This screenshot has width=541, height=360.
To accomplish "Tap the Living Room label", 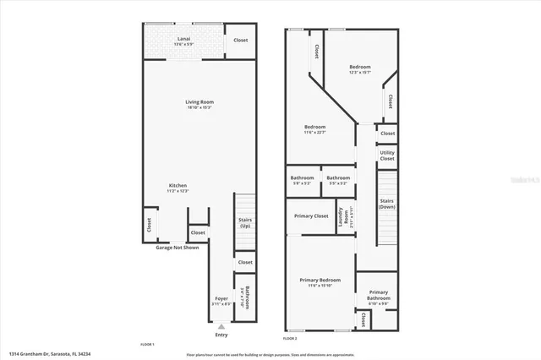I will point(199,104).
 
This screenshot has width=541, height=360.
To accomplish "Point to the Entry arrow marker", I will point(221,326).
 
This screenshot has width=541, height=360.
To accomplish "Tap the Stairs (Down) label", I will point(387,204).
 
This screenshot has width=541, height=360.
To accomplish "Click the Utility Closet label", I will point(387,155).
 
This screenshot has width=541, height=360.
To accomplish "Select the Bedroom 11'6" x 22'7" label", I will point(315,129).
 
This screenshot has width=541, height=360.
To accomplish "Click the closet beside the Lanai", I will point(241,40).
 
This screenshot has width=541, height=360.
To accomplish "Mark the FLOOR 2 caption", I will point(291,339).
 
